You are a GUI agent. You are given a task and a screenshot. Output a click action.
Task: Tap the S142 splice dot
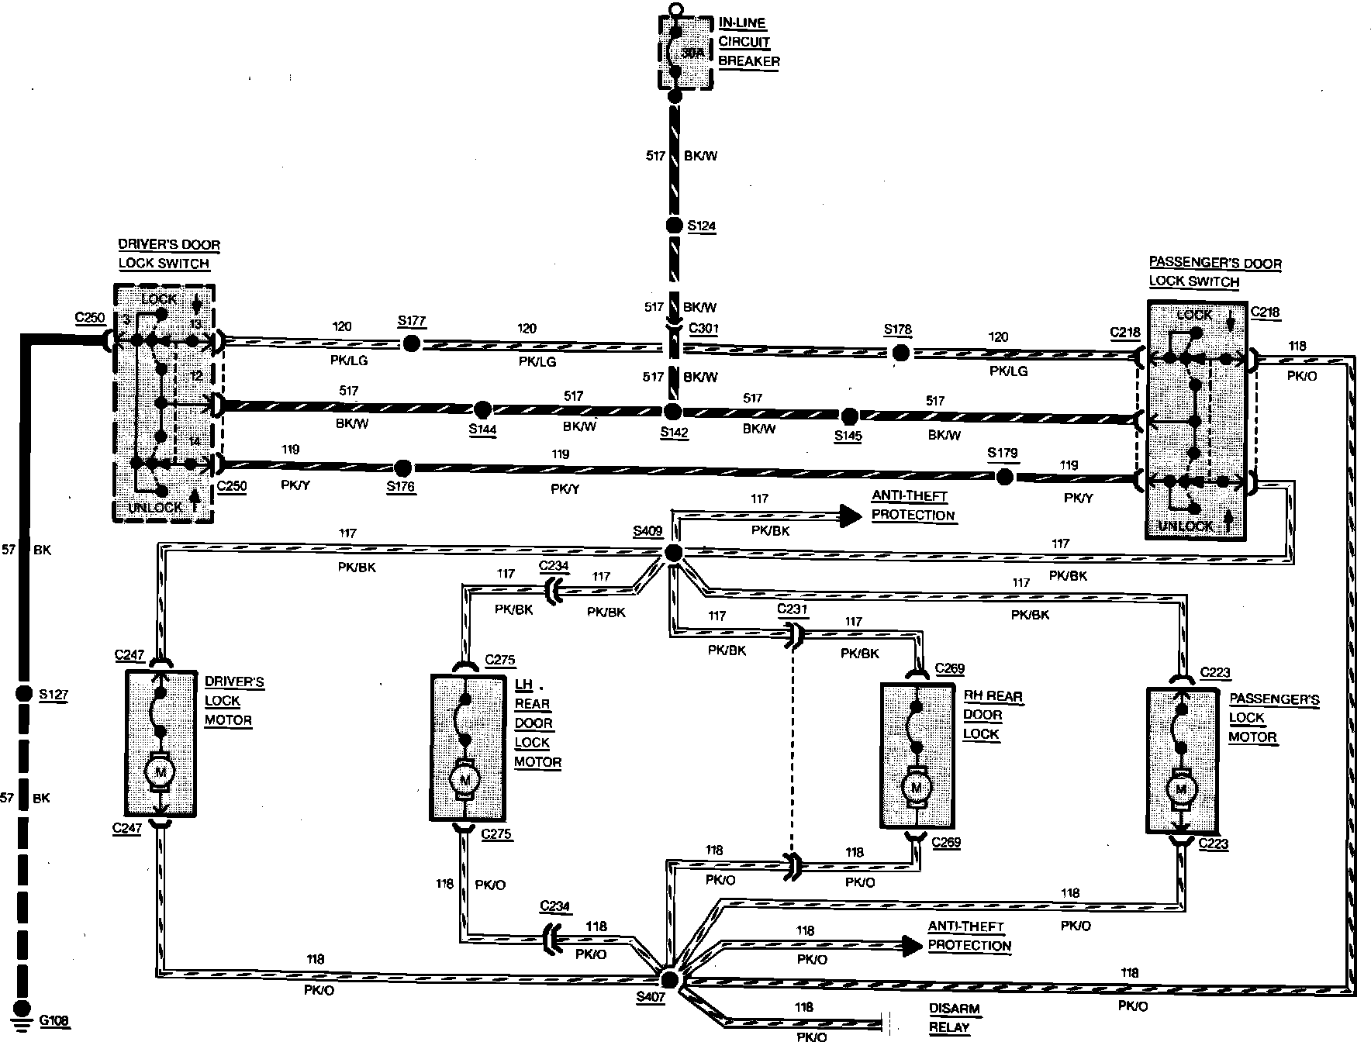(x=673, y=412)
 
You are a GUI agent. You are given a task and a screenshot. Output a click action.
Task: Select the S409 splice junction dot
(x=673, y=553)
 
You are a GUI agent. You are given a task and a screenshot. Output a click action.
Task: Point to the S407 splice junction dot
(x=669, y=980)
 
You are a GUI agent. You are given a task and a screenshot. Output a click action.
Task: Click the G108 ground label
(x=54, y=1021)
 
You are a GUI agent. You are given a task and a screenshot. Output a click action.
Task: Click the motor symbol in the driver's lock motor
(x=161, y=771)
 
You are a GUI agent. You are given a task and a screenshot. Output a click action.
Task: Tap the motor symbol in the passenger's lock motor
(x=1181, y=789)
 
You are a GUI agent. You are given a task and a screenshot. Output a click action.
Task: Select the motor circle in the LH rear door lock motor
(x=465, y=778)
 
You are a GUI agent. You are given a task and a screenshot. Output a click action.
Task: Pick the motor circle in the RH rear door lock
(x=917, y=788)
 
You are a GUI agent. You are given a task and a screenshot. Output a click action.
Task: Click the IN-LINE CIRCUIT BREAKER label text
(x=748, y=42)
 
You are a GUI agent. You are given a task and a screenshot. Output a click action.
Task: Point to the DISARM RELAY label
(x=955, y=1018)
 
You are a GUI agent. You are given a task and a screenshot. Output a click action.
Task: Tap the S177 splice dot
(x=412, y=343)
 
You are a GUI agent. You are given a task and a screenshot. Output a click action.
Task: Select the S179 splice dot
(x=1004, y=477)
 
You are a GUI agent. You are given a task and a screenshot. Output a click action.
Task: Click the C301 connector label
(x=703, y=328)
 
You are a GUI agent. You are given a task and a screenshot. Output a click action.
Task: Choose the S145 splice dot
(x=850, y=416)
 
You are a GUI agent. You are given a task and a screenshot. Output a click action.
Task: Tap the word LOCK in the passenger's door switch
(x=1193, y=315)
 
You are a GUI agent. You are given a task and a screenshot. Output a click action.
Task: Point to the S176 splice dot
(x=402, y=468)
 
